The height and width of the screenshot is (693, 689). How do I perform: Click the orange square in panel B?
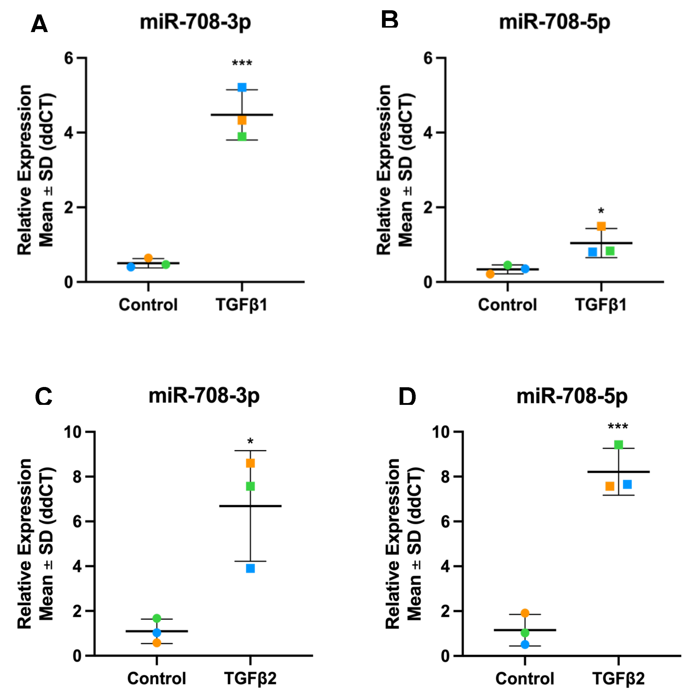[x=601, y=226]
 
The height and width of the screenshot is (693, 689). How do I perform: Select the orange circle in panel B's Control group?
[x=490, y=274]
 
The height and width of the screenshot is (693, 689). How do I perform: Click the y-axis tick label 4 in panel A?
[x=69, y=133]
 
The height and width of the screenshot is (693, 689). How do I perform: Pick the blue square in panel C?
[x=250, y=569]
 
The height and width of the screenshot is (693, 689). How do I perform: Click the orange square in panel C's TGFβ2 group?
[x=250, y=463]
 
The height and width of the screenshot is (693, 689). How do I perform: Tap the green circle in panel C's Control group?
[x=157, y=618]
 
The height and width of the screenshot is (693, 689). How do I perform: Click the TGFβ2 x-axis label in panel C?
[x=250, y=678]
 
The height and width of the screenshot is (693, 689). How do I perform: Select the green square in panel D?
[x=618, y=445]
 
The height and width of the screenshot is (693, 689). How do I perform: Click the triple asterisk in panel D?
[x=618, y=427]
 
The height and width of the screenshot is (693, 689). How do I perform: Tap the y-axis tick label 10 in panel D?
[x=441, y=432]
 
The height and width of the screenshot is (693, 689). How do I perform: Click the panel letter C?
[x=44, y=397]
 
